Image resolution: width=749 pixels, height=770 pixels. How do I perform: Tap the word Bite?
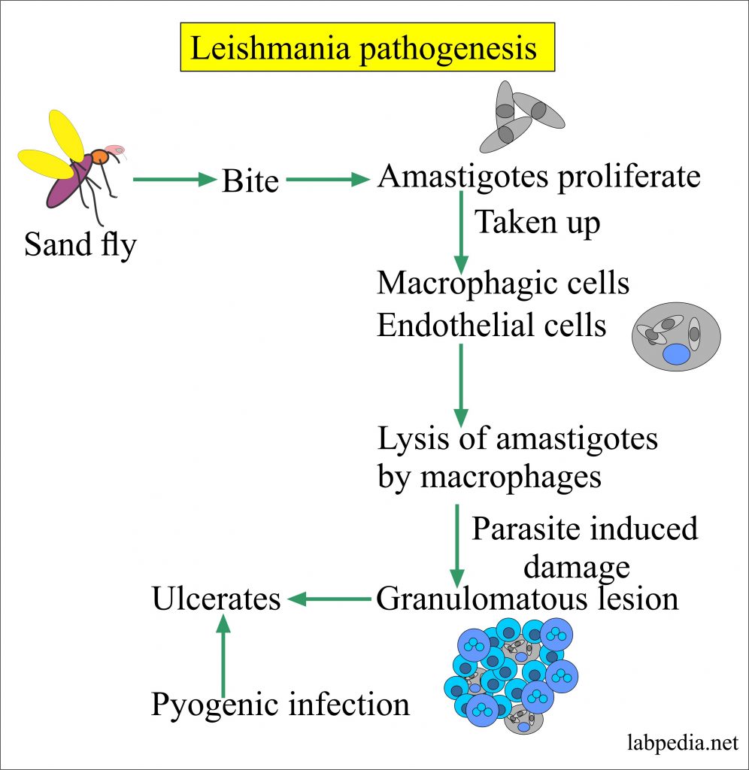tap(250, 181)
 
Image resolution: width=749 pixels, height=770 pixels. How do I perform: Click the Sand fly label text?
tap(80, 244)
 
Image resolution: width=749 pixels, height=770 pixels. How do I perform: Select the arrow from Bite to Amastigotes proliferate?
tap(329, 180)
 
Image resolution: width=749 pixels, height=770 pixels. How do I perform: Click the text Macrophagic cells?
tap(503, 283)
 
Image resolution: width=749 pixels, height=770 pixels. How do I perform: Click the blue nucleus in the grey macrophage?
tap(676, 353)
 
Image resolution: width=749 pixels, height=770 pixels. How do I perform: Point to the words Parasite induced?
tap(584, 529)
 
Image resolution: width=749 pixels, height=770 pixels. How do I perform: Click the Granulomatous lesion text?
tap(527, 599)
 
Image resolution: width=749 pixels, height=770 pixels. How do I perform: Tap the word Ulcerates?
tap(217, 599)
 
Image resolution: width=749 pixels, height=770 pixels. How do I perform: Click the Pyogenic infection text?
tap(280, 705)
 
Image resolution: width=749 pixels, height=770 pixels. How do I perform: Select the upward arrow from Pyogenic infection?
tap(223, 655)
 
